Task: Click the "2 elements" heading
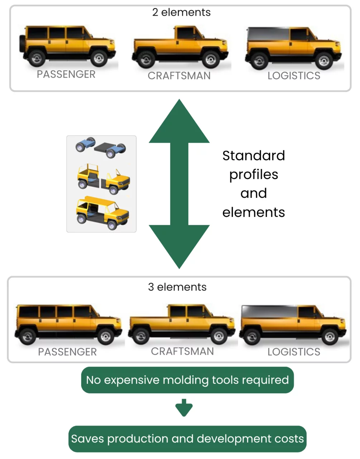tap(181, 12)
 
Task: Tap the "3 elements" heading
tap(177, 287)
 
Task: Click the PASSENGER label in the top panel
tap(66, 74)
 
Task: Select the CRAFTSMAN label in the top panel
tap(179, 76)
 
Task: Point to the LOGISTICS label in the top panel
tap(294, 76)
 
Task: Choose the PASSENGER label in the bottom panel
tap(67, 352)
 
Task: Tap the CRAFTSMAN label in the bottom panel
tap(182, 351)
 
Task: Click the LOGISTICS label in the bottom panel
tap(294, 352)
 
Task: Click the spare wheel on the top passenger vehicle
tap(22, 45)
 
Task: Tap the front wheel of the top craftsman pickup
tap(211, 59)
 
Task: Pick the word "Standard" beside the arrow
tap(254, 156)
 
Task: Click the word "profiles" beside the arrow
tap(254, 175)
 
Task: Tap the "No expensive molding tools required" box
tap(187, 380)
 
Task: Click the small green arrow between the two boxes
tap(184, 407)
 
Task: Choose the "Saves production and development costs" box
tap(187, 439)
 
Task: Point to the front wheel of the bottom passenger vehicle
tap(106, 336)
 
